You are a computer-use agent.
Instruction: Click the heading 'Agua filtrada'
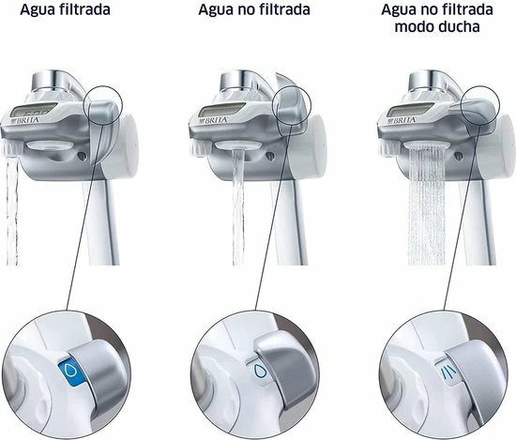point(61,10)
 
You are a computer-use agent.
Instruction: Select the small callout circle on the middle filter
point(297,107)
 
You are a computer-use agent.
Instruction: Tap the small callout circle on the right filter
point(486,107)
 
